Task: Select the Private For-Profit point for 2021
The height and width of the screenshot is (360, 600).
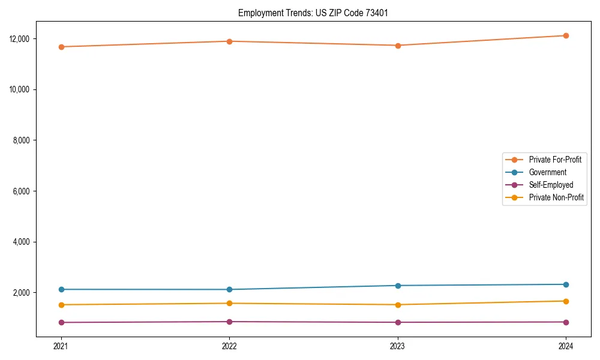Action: tap(61, 47)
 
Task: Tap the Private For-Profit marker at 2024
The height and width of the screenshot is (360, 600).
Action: tap(566, 35)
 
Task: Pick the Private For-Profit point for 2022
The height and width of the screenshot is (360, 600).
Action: tap(229, 41)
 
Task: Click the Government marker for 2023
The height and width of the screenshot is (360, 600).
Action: tap(398, 286)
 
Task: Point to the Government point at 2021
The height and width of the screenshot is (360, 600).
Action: tap(61, 289)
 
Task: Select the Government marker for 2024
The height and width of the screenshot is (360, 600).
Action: tap(566, 284)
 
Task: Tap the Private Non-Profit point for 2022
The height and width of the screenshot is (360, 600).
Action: tap(229, 303)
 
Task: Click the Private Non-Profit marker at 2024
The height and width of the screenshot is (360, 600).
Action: tap(566, 301)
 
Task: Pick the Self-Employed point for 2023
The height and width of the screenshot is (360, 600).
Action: tap(398, 322)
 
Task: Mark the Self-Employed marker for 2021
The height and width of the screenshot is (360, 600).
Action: tap(61, 322)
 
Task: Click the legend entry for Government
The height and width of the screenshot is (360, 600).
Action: tap(547, 172)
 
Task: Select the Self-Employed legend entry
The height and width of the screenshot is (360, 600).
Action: tap(551, 185)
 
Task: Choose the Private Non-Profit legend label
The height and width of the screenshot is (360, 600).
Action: tap(556, 197)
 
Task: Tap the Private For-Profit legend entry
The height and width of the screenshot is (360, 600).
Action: tap(555, 160)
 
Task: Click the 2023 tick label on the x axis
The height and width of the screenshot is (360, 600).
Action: tap(398, 346)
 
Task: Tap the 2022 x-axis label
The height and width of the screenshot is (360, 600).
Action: tap(229, 346)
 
